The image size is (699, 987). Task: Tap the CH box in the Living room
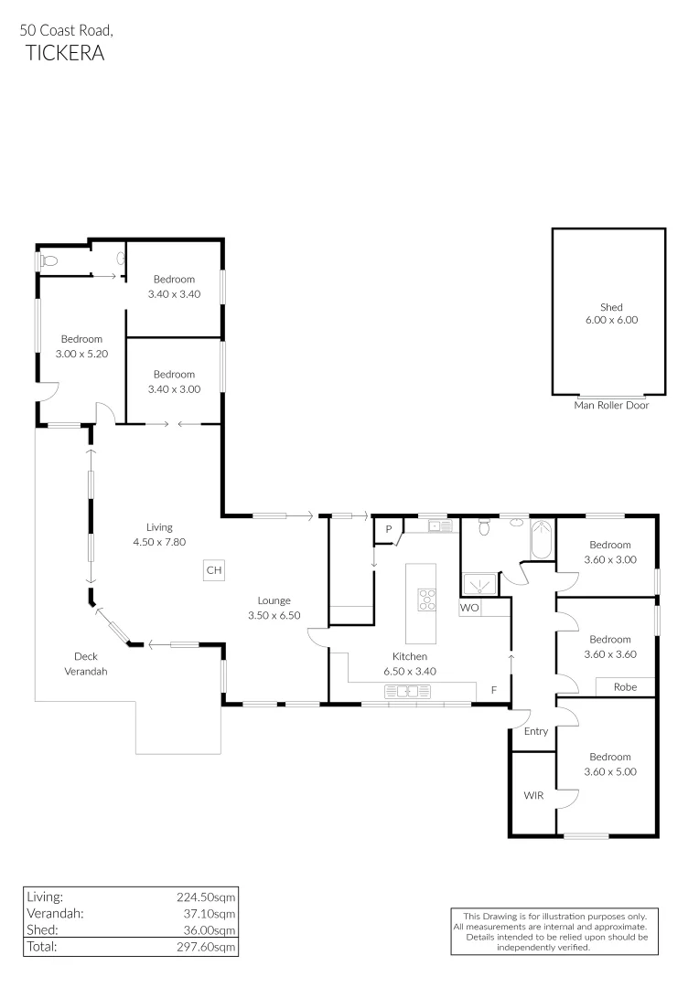214,570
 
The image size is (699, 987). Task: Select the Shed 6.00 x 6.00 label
611,313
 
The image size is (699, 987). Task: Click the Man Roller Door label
611,405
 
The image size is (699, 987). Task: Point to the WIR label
533,795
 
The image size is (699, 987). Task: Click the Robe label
625,686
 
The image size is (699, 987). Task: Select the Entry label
536,731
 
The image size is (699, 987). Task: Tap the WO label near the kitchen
469,607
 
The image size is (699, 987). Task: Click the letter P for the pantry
388,529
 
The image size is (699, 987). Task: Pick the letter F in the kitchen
494,690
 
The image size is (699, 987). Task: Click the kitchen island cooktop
427,600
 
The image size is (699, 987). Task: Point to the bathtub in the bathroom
540,539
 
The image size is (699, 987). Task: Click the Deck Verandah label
86,663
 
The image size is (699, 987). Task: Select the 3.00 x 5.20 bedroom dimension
81,353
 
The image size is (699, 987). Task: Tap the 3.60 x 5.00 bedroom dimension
609,771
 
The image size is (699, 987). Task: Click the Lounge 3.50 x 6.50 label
274,608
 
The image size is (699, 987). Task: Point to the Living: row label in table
45,897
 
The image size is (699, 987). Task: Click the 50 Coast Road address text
67,30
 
